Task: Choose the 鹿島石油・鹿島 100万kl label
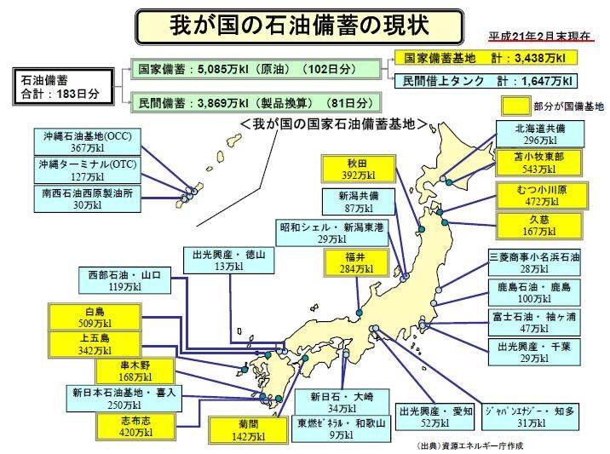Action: (x=534, y=292)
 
